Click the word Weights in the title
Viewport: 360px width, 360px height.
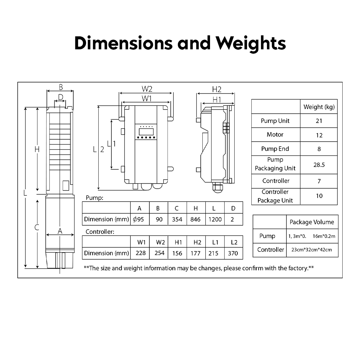[250, 44]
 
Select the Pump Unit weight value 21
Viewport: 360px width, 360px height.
[319, 121]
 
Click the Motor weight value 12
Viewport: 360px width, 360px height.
[319, 135]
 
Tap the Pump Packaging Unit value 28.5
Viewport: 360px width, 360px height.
[319, 165]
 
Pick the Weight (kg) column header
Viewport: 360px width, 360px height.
[319, 107]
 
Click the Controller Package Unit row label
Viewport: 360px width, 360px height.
[275, 196]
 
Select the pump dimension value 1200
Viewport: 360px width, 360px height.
[215, 219]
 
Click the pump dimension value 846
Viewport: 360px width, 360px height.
[196, 219]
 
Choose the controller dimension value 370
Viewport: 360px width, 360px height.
[233, 253]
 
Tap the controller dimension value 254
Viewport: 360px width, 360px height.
[160, 253]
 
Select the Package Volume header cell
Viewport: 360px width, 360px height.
[312, 222]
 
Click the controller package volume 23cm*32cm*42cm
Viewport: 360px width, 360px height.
[312, 250]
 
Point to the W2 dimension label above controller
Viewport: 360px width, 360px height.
[147, 89]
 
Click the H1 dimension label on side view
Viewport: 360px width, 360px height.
[217, 99]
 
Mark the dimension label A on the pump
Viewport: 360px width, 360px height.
[60, 231]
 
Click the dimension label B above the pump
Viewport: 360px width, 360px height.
[61, 87]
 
